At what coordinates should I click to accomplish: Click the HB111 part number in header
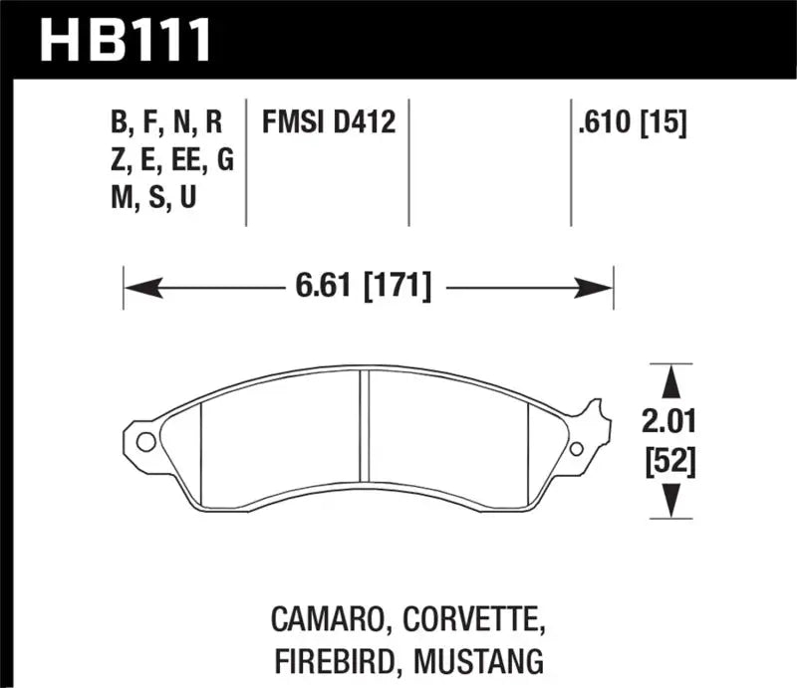coord(126,39)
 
